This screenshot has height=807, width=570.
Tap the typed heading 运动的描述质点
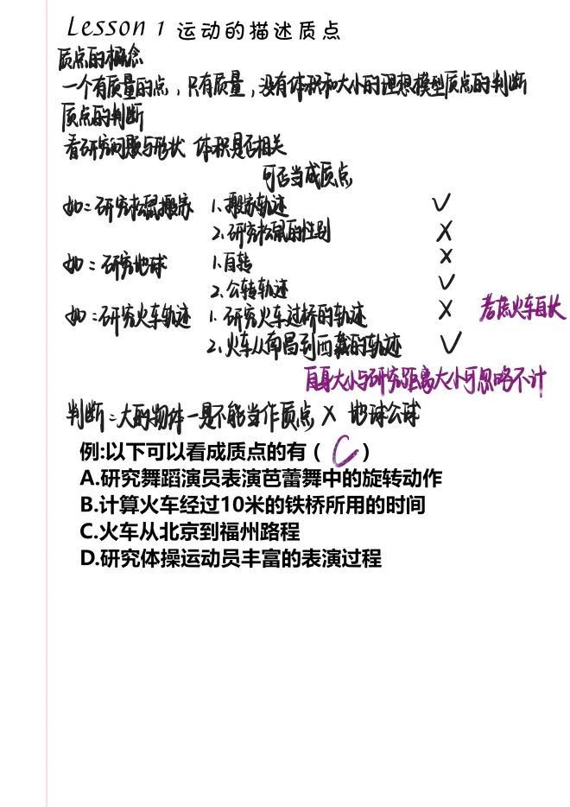point(258,31)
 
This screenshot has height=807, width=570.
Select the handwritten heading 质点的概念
point(99,60)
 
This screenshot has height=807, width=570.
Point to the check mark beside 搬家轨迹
point(441,203)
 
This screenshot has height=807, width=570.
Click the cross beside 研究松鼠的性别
point(445,231)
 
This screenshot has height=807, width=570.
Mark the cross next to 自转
point(446,257)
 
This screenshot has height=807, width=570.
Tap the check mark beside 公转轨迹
point(446,283)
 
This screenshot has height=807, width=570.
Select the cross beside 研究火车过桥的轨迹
point(446,309)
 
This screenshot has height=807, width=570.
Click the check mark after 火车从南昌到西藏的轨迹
point(450,343)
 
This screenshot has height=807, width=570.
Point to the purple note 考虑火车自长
point(522,310)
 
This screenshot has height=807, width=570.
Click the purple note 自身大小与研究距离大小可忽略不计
point(425,379)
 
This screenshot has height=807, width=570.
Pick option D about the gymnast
point(231,558)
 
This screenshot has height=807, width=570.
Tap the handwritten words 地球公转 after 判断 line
point(384,416)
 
